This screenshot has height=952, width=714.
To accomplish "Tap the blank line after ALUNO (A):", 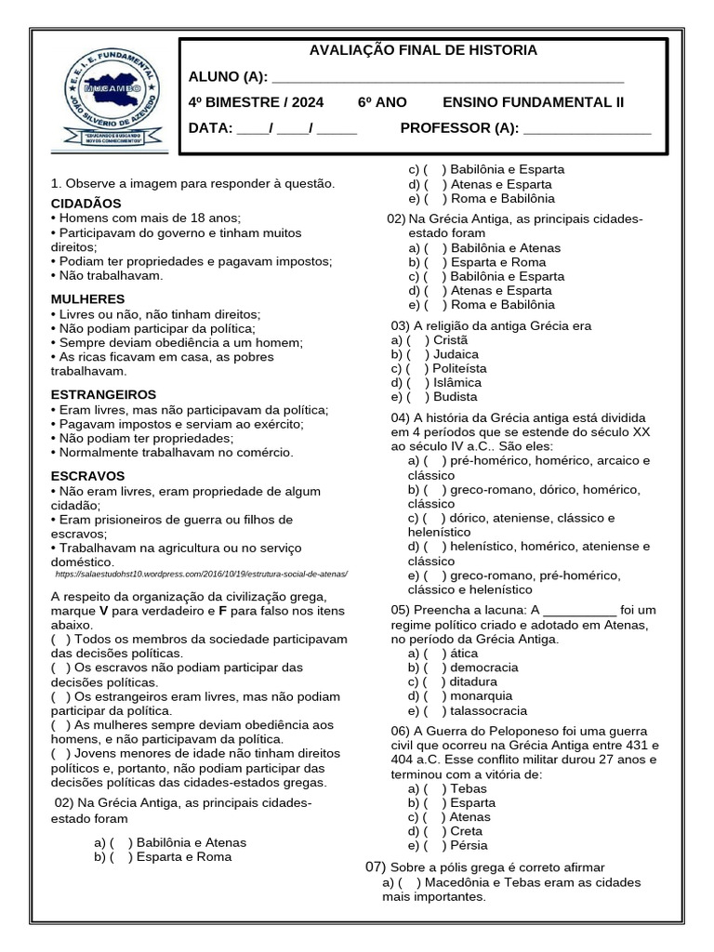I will pos(447,77).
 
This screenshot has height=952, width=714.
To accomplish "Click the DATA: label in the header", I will pos(210,127).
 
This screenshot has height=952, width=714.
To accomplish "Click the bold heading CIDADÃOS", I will pos(86,203).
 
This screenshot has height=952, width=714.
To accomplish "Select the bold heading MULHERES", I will pos(87,298).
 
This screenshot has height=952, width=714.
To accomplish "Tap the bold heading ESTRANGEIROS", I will pos(103,394).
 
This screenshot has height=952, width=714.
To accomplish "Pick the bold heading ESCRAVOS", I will pos(88,476).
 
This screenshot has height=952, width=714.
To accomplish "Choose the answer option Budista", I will pos(456,396).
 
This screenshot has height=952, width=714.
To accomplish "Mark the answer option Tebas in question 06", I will pos(468,788).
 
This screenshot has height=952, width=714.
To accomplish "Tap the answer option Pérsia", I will pos(468,845).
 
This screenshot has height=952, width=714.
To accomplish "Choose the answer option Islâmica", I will pos(457,382).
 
